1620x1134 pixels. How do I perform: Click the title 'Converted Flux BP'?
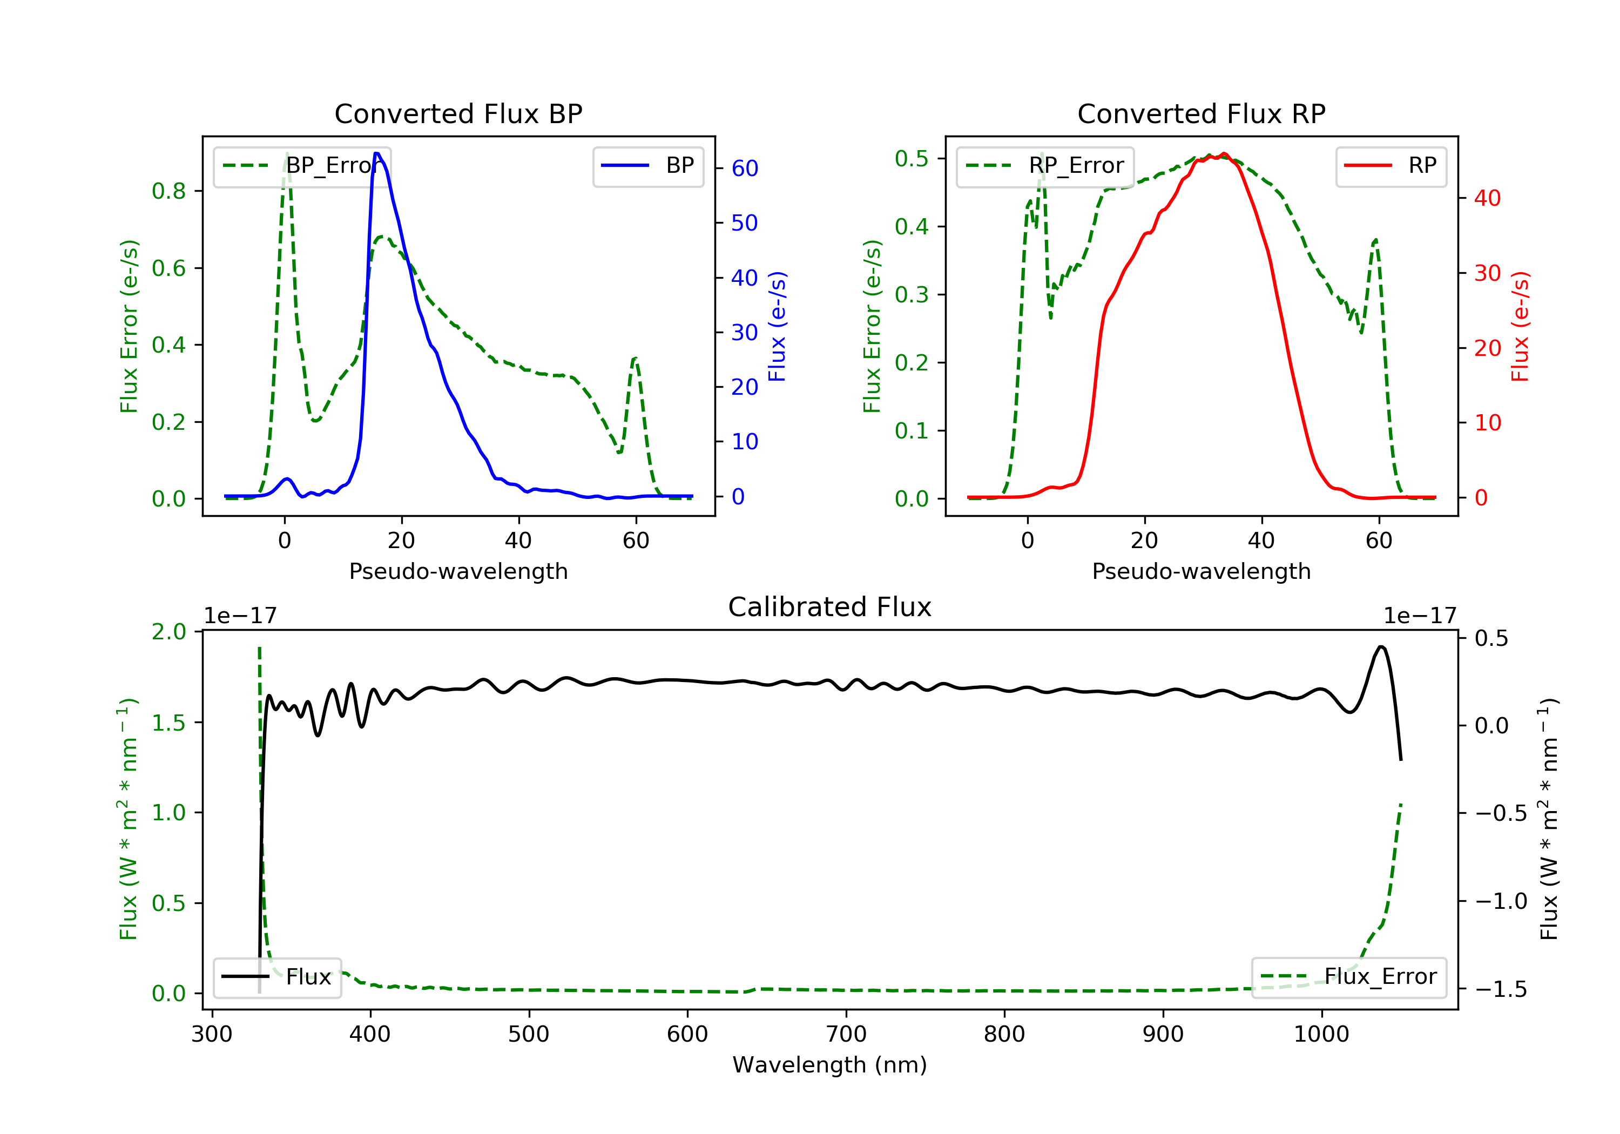(458, 113)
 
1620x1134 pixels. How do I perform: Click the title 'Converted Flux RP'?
(1201, 113)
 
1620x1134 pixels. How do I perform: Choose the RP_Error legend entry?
(1045, 166)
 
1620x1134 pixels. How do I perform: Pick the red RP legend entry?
(1390, 166)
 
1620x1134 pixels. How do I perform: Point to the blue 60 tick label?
(744, 168)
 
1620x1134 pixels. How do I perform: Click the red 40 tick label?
(1487, 198)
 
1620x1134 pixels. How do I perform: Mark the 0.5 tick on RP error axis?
(911, 158)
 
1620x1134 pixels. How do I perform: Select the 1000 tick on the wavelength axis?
(1321, 1035)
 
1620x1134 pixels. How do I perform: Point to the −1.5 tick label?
(1491, 989)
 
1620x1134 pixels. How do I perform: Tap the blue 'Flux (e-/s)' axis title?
(777, 326)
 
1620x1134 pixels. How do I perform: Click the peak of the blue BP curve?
(377, 153)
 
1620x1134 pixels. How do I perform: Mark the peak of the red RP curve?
(1224, 154)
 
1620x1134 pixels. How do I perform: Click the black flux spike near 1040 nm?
(1381, 646)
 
